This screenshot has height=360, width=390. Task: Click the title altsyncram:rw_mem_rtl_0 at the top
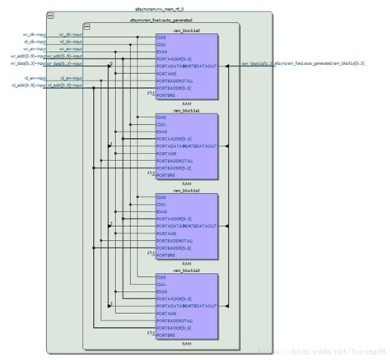[x=195, y=7]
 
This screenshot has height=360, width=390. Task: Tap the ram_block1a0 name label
[x=182, y=30]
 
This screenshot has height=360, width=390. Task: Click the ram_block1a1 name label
[x=182, y=110]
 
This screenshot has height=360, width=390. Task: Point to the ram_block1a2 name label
[x=182, y=191]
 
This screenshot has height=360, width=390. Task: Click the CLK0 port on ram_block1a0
[x=161, y=37]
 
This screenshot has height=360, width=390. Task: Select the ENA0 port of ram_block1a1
[x=161, y=130]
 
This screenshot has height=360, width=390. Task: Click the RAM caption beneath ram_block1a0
[x=186, y=101]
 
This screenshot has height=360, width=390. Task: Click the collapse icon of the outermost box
[x=53, y=15]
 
